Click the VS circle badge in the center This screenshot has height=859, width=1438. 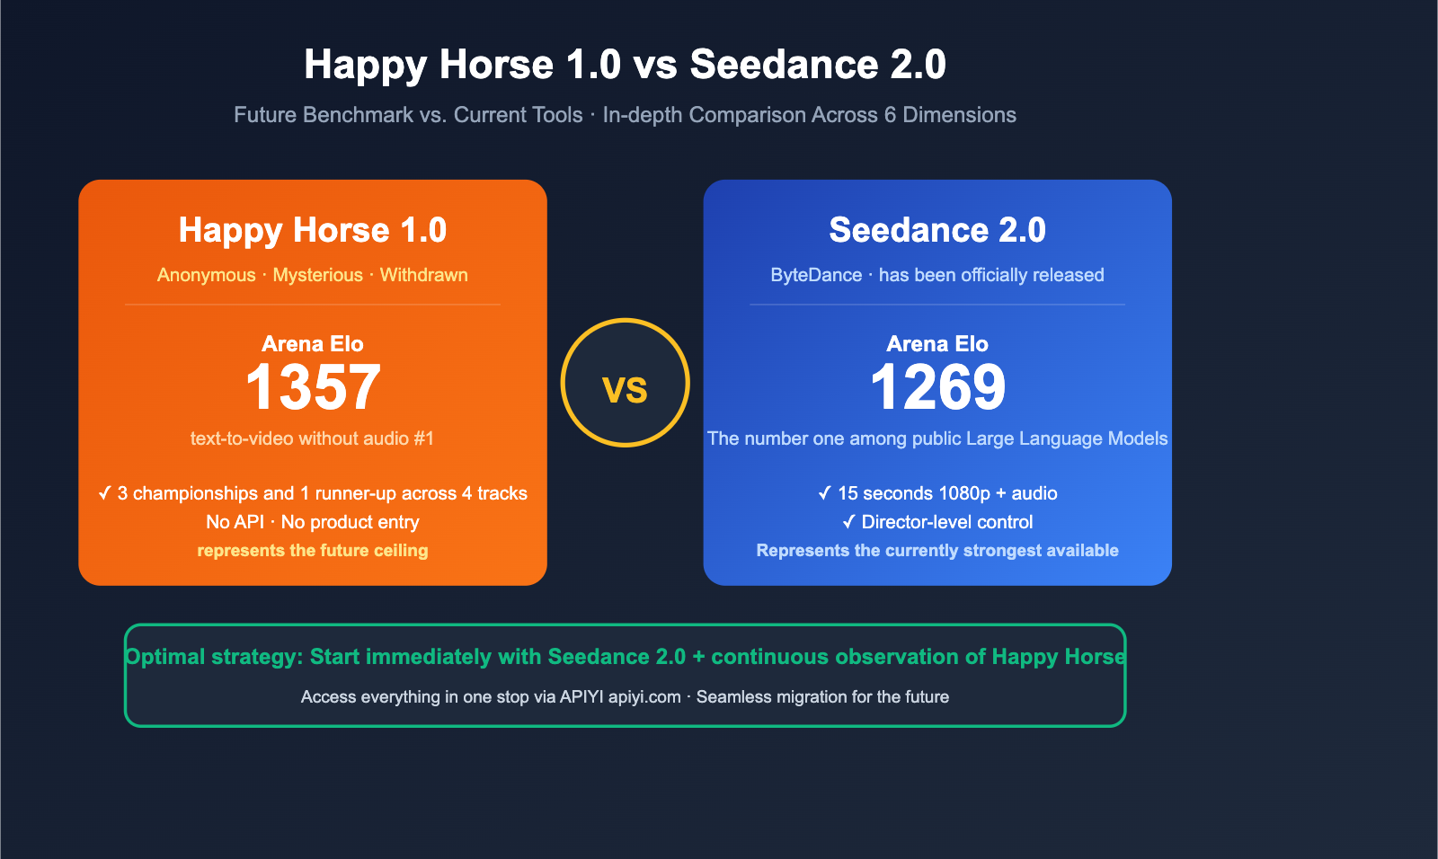tap(625, 383)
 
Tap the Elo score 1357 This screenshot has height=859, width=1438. tap(313, 387)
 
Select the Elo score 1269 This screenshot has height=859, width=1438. tap(937, 387)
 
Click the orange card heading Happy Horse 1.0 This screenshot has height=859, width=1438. tap(313, 230)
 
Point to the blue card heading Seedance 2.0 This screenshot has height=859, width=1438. tap(937, 230)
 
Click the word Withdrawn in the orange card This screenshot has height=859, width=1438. tap(423, 275)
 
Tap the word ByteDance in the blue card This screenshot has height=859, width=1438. tap(816, 275)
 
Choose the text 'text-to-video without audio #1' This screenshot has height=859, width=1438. tap(312, 438)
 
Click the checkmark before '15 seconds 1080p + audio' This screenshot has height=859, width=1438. tap(824, 493)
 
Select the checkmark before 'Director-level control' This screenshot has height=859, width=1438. tap(848, 522)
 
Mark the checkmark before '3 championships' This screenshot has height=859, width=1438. tap(104, 493)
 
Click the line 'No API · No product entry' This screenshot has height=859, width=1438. tap(313, 522)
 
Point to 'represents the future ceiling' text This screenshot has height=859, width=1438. tap(313, 551)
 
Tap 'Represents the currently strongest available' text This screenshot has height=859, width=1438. tap(937, 551)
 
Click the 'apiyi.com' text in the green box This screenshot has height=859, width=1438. tap(644, 697)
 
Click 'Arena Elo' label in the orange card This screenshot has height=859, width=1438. tap(313, 344)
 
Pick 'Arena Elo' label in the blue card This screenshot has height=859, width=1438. tap(937, 344)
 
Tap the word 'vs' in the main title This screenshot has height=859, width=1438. tap(655, 65)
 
